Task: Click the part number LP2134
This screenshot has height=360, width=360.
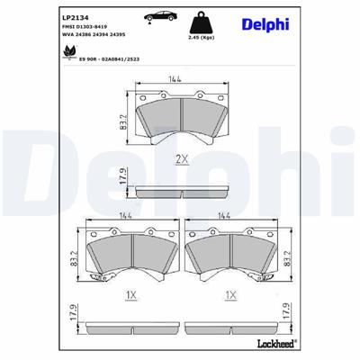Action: click(74, 16)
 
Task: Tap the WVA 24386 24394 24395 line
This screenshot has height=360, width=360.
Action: click(94, 37)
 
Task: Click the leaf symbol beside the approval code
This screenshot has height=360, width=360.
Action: click(68, 52)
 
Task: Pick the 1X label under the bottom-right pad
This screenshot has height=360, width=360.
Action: click(231, 294)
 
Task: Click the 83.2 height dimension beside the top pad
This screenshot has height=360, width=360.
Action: click(122, 118)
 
